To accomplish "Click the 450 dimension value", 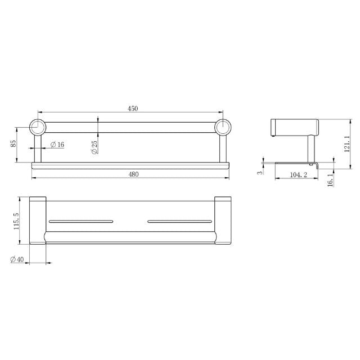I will (x=133, y=109).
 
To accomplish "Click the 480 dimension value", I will (x=133, y=174).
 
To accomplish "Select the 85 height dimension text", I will (x=13, y=144).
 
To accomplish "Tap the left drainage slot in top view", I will (x=81, y=222).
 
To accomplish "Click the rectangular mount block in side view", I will (x=294, y=128).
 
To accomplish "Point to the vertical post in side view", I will (x=310, y=149).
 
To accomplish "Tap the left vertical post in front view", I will (x=38, y=148).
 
